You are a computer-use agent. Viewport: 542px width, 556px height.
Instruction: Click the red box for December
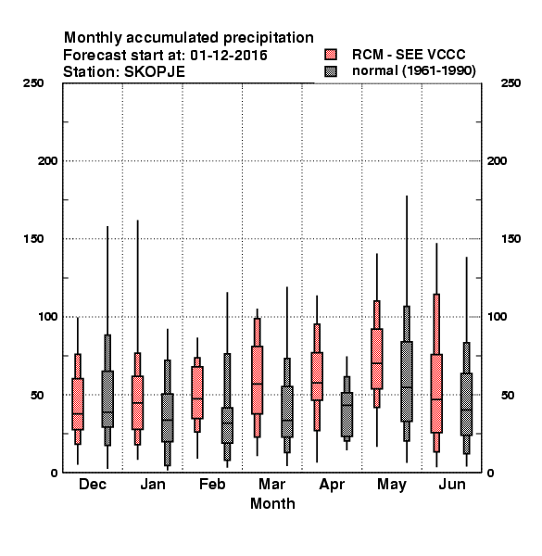(x=78, y=404)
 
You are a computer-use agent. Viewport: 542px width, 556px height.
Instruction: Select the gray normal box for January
(x=168, y=418)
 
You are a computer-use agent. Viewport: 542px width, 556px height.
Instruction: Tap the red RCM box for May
(x=377, y=359)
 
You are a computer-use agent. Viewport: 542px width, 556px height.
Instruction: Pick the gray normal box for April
(x=347, y=414)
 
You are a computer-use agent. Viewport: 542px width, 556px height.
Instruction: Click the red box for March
(x=257, y=380)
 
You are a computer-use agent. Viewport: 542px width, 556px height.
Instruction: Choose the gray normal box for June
(x=467, y=404)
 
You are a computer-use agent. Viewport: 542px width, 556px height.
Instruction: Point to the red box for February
(x=197, y=392)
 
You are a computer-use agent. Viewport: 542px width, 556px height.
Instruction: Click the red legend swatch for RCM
(x=331, y=55)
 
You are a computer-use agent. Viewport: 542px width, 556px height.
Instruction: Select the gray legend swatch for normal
(x=331, y=71)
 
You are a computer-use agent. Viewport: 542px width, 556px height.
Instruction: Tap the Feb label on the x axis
(x=212, y=484)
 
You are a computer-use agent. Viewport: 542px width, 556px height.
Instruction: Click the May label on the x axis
(x=392, y=485)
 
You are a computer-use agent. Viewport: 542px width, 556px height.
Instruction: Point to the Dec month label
(x=93, y=484)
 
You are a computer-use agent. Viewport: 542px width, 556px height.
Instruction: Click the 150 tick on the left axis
(x=33, y=239)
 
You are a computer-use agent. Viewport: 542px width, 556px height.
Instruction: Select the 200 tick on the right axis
(x=497, y=160)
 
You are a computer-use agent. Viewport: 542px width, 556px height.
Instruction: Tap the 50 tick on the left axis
(x=37, y=395)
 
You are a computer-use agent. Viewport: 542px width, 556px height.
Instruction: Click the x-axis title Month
(x=272, y=503)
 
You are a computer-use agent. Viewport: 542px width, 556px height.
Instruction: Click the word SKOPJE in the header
(x=154, y=72)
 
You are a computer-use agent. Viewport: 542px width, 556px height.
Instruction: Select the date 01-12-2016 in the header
(x=229, y=56)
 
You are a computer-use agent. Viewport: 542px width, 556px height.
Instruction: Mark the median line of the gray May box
(x=407, y=387)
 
